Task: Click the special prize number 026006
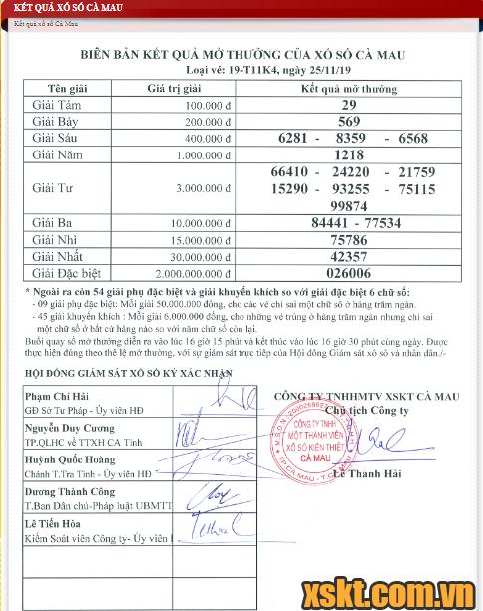click(348, 272)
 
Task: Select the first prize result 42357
click(348, 256)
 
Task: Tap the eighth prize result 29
click(348, 105)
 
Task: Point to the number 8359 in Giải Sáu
click(358, 138)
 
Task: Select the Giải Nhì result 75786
click(348, 240)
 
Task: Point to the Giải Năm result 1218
click(348, 154)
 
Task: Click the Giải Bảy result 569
click(348, 121)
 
